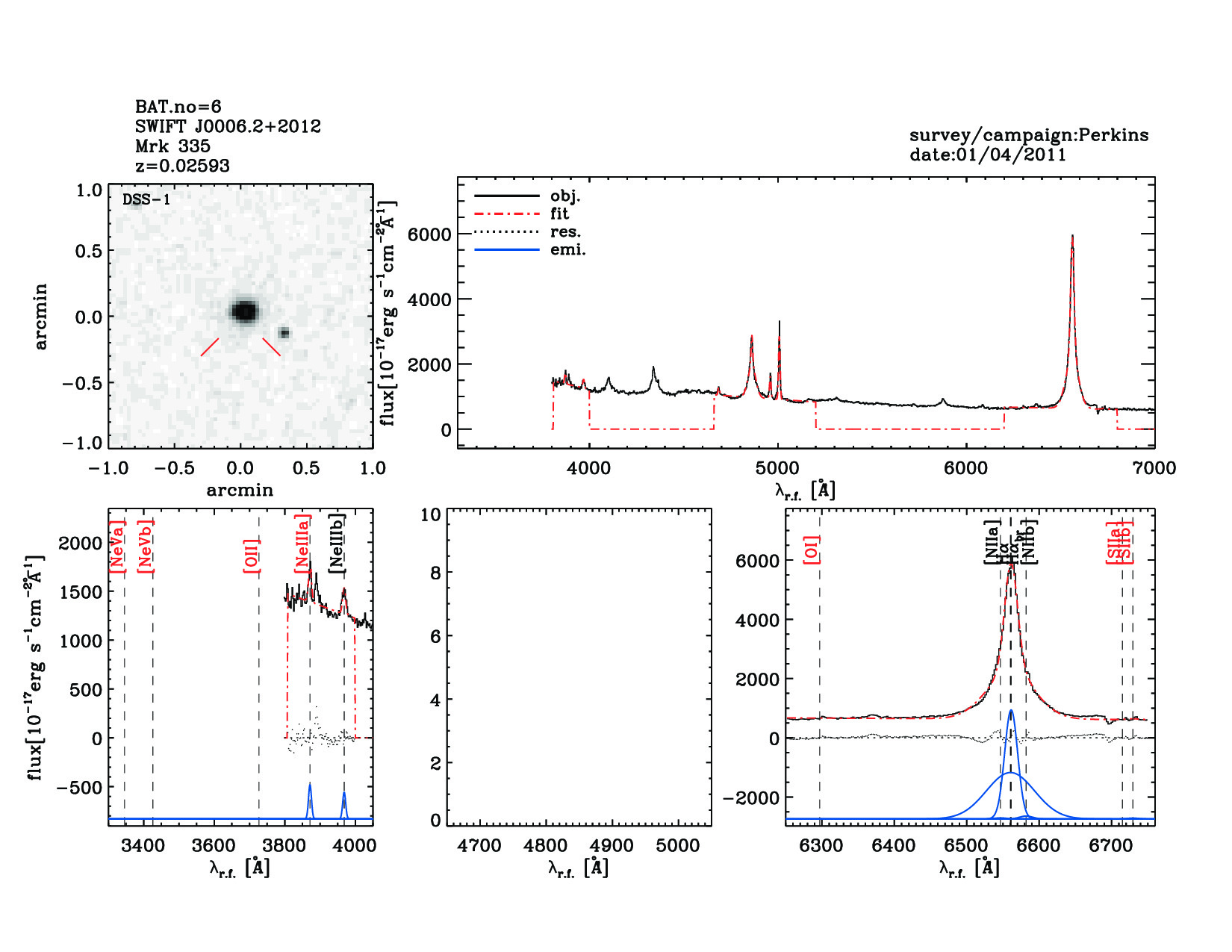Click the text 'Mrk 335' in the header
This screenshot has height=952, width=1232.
tap(172, 146)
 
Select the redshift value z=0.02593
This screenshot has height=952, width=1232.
tap(182, 166)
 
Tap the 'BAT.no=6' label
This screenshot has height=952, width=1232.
tap(178, 107)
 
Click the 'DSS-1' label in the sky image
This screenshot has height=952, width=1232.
tap(146, 199)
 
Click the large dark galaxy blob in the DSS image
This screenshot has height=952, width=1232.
tap(244, 311)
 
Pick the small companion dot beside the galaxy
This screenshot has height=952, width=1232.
tap(284, 333)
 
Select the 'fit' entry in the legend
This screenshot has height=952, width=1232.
tap(559, 214)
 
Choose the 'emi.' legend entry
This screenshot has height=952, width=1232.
tap(568, 249)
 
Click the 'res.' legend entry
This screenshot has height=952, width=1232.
tap(565, 231)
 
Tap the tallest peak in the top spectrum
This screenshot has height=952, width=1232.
tap(1072, 237)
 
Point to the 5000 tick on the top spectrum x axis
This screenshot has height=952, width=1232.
tap(777, 468)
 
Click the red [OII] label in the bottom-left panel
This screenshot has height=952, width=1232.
tap(252, 556)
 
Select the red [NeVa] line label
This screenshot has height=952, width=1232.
tap(116, 547)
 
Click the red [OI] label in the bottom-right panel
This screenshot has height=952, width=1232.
tap(812, 550)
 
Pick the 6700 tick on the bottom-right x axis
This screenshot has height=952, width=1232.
tap(1111, 846)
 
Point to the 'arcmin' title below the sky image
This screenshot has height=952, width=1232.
tap(240, 491)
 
